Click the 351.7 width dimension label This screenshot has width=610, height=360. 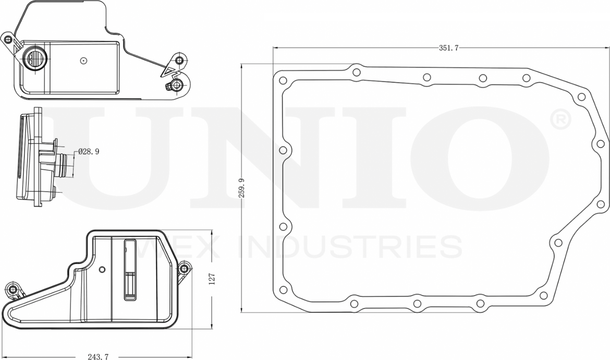(x=448, y=48)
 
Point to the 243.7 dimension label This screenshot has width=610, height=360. (x=98, y=356)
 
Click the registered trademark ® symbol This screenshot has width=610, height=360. (x=560, y=121)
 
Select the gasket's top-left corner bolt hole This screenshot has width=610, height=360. (x=283, y=81)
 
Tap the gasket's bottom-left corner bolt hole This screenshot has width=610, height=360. (x=283, y=290)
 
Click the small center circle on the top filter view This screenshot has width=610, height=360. (x=83, y=61)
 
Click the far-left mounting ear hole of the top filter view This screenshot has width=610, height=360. (x=8, y=40)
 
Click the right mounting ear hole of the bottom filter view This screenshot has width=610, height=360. (x=183, y=269)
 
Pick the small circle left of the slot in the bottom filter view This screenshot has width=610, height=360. (x=102, y=270)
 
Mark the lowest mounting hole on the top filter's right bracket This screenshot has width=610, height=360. (x=177, y=85)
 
